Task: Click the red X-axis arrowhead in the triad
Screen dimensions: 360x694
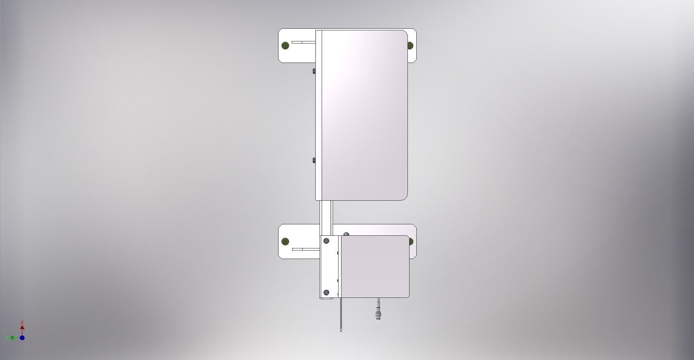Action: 22,327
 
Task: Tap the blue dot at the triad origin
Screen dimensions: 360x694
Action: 22,338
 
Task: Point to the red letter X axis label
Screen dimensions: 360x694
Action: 22,322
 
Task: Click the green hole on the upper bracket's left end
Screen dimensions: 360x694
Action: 285,45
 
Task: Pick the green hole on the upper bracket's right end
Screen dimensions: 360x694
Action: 410,45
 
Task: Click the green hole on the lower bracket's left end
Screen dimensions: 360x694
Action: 285,242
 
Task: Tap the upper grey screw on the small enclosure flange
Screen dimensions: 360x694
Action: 326,241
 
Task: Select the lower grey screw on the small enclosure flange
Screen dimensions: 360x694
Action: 326,292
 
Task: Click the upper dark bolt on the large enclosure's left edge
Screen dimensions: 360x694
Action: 314,71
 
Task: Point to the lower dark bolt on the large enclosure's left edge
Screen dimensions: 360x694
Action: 314,160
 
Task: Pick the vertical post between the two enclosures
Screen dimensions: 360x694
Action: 326,218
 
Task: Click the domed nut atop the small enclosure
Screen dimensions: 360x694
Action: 346,234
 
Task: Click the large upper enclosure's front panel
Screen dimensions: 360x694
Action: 363,114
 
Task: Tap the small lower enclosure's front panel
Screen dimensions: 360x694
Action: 374,266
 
